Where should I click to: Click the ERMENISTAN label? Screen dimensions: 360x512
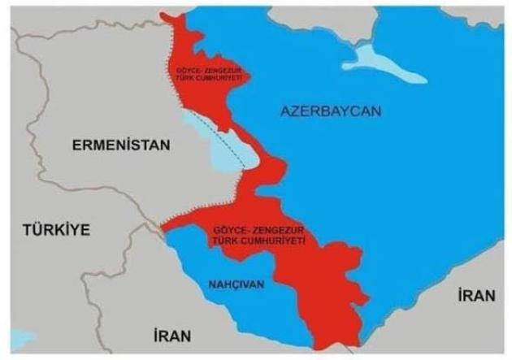pyautogui.click(x=121, y=145)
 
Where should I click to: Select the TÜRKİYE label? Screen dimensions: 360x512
pyautogui.click(x=56, y=229)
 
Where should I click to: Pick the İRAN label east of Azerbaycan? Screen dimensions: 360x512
pyautogui.click(x=475, y=296)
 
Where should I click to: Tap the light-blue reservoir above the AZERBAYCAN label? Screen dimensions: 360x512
pyautogui.click(x=382, y=60)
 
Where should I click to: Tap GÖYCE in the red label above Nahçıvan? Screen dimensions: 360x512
pyautogui.click(x=225, y=231)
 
